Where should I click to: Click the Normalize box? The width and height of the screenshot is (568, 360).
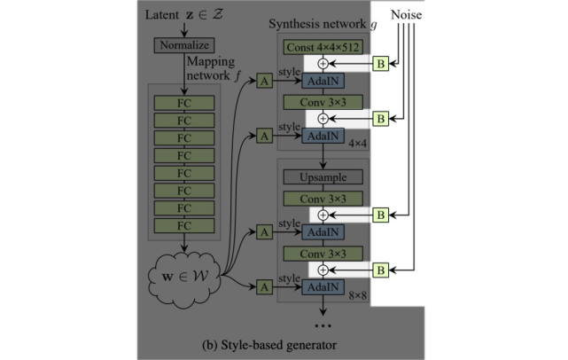(184, 45)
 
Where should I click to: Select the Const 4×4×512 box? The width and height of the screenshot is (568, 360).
(323, 47)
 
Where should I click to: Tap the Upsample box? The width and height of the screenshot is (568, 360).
(323, 177)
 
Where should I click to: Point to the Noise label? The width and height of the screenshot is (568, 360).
(406, 15)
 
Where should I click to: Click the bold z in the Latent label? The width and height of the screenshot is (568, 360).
(190, 15)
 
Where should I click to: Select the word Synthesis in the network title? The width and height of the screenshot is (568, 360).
(292, 24)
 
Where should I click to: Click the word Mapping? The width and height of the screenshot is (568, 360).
(211, 62)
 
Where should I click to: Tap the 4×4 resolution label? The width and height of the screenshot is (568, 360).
(357, 144)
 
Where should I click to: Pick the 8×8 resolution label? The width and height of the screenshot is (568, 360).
(357, 296)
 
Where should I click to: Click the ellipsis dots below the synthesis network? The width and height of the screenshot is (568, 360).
(323, 326)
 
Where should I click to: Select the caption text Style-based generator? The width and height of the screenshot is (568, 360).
(278, 345)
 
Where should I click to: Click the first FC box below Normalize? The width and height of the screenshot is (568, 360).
(184, 103)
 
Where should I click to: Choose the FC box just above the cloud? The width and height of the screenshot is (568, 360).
(184, 225)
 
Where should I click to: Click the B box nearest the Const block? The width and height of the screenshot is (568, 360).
(381, 64)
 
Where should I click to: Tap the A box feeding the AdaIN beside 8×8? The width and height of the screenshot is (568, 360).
(264, 287)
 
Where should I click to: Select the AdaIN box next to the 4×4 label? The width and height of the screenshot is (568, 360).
(323, 137)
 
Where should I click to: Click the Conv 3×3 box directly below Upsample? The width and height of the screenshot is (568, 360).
(323, 199)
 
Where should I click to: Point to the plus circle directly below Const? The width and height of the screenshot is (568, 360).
(323, 64)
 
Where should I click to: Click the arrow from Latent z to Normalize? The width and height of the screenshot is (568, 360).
(184, 30)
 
